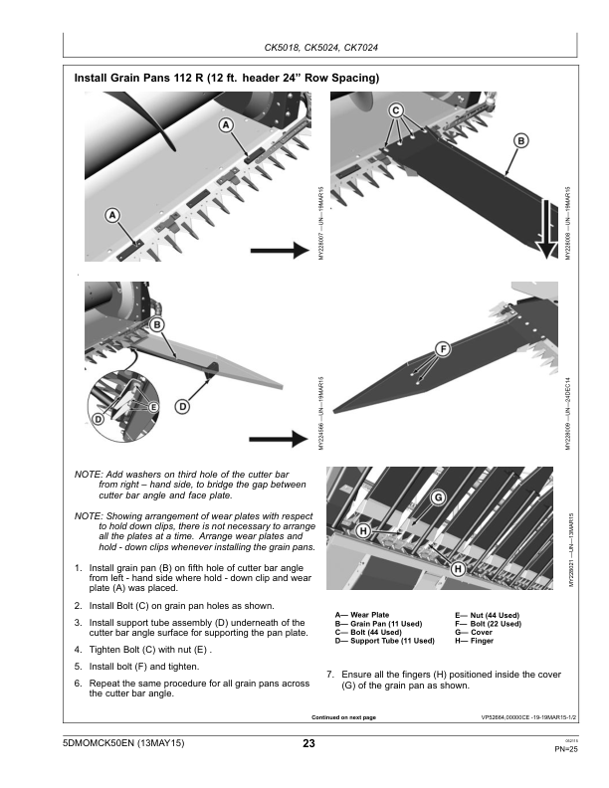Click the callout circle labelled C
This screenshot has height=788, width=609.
point(396,109)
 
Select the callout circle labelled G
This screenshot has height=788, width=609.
point(437,496)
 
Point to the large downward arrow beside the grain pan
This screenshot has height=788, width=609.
point(546,229)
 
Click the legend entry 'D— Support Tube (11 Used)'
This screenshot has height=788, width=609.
point(385,642)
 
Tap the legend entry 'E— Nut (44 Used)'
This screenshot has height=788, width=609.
point(489,615)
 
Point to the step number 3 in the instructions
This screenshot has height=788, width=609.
point(79,623)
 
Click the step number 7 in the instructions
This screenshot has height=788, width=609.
point(330,675)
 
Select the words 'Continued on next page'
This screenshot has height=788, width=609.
point(344,716)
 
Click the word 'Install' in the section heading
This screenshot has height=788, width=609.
point(96,78)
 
